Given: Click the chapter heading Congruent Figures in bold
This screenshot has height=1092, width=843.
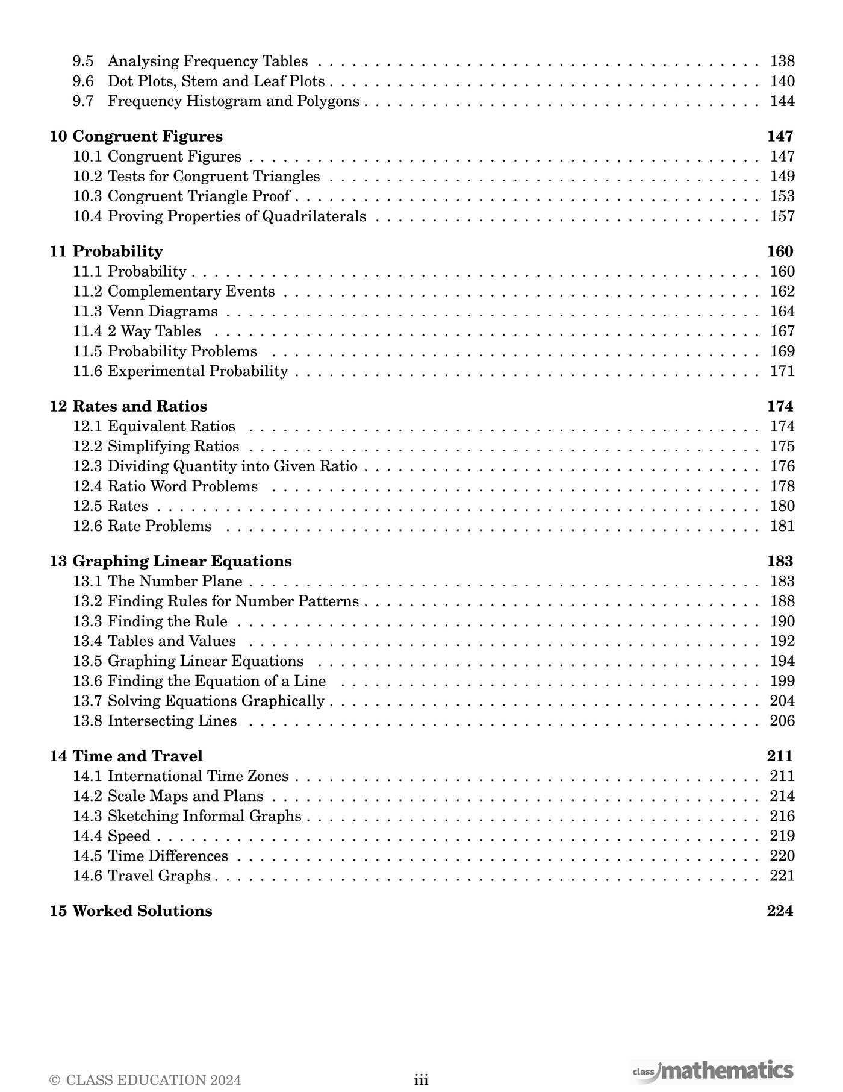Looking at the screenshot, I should click(x=148, y=136).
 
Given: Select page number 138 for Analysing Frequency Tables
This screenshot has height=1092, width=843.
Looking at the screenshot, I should click(x=782, y=61).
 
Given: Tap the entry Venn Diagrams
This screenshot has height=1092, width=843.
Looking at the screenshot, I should click(x=163, y=312).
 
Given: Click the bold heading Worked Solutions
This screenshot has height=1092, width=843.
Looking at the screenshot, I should click(x=142, y=911).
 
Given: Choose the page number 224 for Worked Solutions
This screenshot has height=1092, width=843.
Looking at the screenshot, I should click(x=780, y=911).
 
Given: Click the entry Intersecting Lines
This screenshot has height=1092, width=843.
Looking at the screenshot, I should click(x=172, y=721).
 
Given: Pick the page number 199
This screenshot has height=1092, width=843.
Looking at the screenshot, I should click(x=782, y=681).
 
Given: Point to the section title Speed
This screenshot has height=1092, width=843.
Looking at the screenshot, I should click(x=129, y=836).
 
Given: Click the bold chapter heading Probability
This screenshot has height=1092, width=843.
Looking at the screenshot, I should click(x=117, y=251).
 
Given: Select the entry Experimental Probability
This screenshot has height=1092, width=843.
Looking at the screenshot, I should click(x=198, y=371).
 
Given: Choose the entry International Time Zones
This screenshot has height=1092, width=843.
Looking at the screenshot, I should click(x=198, y=776).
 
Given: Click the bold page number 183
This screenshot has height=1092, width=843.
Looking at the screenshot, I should click(x=780, y=561).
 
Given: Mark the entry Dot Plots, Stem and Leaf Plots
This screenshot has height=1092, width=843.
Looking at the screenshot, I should click(x=216, y=81).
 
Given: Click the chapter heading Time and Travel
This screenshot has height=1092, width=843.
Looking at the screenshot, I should click(x=137, y=756).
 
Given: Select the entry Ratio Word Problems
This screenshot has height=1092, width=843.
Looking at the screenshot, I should click(x=182, y=486).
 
